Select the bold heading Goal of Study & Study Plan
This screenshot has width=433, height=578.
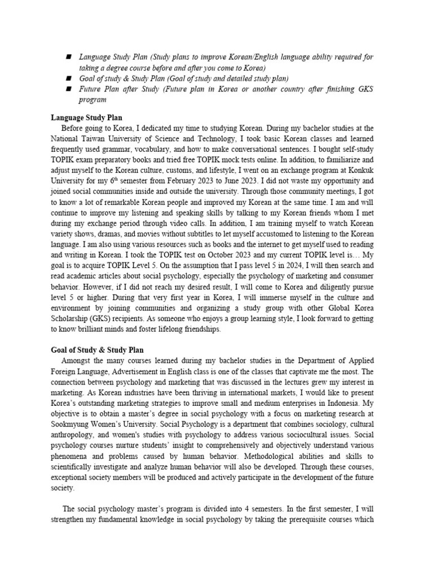pyautogui.click(x=97, y=350)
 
